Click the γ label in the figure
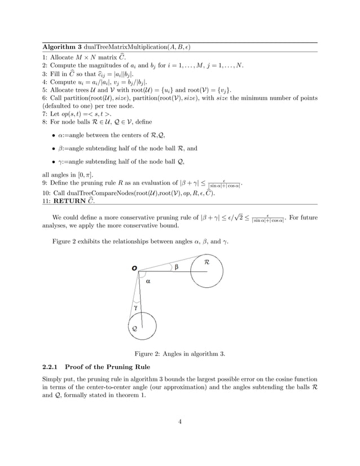point(136,307)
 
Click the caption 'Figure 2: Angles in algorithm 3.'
point(179,354)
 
